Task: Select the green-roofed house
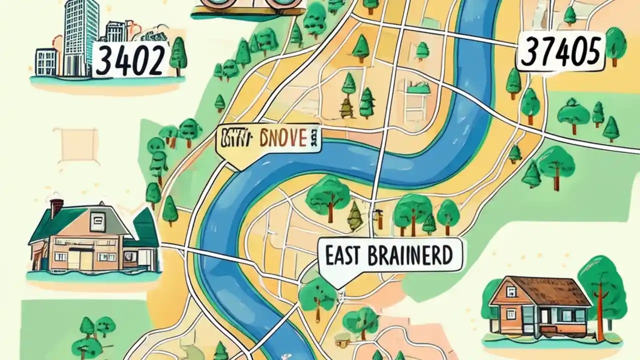point(92,240)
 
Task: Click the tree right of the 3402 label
point(178,55)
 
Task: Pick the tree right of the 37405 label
point(615,45)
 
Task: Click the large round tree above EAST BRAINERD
point(327,195)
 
